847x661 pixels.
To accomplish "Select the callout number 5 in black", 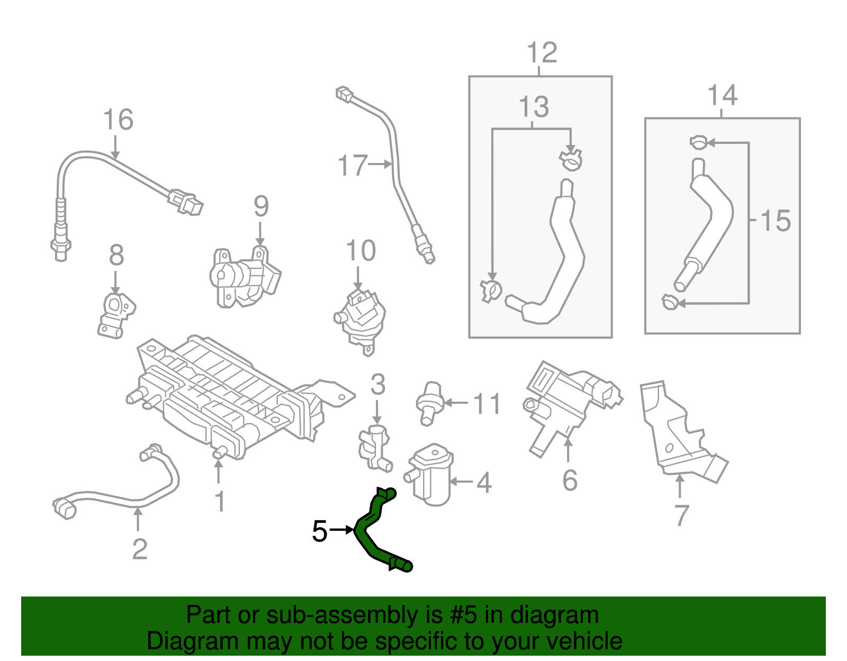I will (x=320, y=531).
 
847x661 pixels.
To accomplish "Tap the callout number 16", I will (x=118, y=120).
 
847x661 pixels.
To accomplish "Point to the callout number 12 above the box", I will (x=542, y=53).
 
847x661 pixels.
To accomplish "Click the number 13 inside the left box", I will (x=534, y=107).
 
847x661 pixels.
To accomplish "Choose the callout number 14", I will (x=722, y=95).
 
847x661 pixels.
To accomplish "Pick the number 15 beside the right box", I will (x=775, y=221).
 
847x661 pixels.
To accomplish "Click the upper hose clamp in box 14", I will (x=698, y=142).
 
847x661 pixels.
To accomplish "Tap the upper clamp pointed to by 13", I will (x=571, y=160).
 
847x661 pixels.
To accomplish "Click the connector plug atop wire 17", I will (x=345, y=95).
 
